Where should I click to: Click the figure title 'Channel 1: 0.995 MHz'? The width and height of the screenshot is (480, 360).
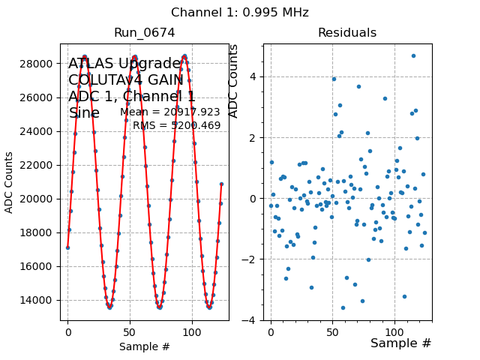[240, 13]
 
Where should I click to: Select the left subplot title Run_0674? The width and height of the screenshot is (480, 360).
[145, 33]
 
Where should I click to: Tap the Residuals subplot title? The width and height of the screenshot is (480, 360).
[347, 33]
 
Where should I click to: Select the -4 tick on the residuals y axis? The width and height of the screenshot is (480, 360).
[253, 320]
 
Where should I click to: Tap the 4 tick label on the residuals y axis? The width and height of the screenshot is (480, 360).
[255, 76]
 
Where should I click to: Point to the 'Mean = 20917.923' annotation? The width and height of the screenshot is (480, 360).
[170, 112]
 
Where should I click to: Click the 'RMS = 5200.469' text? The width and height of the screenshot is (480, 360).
[177, 125]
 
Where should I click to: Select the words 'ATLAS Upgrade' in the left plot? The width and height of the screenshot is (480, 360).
[124, 64]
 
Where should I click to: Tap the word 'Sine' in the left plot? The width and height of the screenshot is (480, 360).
[84, 113]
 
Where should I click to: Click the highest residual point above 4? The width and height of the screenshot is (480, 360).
[413, 55]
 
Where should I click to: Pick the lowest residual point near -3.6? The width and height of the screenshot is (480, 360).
[343, 307]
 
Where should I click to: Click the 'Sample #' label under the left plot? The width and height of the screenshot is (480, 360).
[145, 346]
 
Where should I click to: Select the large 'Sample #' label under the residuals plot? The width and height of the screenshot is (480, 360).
[401, 343]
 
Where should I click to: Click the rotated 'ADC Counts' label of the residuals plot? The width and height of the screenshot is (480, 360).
[233, 81]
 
